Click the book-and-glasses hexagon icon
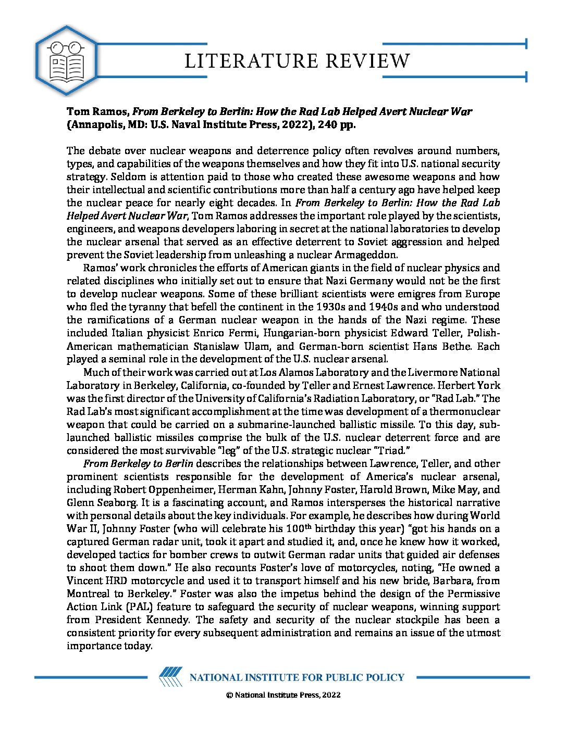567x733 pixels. coord(66,61)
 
